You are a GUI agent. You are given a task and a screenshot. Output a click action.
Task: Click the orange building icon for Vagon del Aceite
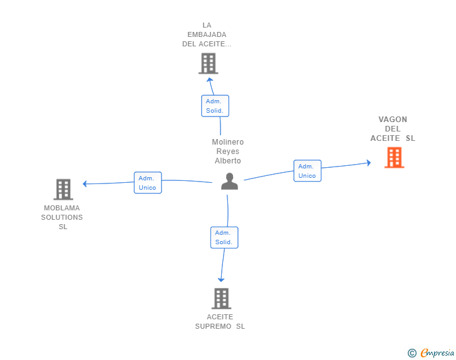395,157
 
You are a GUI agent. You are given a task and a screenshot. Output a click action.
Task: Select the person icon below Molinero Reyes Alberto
229,181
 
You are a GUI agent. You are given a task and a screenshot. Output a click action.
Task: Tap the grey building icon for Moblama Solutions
63,189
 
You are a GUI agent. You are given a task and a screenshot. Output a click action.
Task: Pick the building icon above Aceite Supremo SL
221,299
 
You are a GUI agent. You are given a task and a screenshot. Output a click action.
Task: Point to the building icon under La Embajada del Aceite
208,63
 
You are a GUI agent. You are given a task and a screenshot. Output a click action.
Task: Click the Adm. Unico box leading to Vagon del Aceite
308,171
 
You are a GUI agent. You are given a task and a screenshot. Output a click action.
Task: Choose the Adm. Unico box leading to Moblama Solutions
148,183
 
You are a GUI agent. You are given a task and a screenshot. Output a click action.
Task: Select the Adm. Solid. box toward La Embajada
215,106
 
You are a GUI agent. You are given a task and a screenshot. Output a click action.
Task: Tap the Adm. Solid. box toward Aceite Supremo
224,237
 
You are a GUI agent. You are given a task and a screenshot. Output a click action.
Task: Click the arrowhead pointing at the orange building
369,163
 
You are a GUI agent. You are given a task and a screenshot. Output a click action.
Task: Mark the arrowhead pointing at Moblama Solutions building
85,184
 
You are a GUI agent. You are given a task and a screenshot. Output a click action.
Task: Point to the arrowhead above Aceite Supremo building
221,280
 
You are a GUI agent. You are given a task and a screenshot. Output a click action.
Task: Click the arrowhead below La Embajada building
210,80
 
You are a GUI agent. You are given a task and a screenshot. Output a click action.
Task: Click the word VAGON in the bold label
393,119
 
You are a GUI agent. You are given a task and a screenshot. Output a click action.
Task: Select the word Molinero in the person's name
228,142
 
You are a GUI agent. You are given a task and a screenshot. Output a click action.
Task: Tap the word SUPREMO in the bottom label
213,326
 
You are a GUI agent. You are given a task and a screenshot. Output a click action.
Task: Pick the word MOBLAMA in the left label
61,208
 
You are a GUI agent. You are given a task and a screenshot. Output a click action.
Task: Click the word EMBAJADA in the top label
207,34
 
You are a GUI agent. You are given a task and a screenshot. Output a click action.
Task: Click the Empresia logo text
437,352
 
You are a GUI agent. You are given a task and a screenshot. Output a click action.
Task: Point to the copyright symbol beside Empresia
412,353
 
